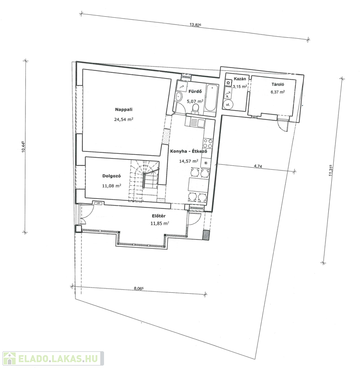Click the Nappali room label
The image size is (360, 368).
click(124, 109)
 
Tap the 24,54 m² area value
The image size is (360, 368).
click(124, 119)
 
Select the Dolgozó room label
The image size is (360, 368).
click(112, 176)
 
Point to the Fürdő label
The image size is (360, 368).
click(195, 92)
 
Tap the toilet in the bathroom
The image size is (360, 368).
click(195, 108)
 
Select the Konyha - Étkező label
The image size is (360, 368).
click(188, 151)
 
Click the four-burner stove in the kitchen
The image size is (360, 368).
click(208, 143)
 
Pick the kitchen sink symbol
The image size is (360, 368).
click(195, 123)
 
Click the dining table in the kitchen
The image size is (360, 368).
click(198, 184)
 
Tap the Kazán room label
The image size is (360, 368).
click(240, 79)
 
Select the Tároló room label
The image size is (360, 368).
click(278, 84)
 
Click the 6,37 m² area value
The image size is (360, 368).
click(278, 92)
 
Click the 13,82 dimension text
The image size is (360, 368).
click(196, 24)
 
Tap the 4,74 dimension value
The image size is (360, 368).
click(258, 166)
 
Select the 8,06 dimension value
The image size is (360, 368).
click(139, 288)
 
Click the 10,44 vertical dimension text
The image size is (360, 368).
click(23, 147)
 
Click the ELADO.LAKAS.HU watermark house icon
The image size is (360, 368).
click(10, 359)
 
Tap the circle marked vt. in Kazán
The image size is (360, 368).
click(228, 104)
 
